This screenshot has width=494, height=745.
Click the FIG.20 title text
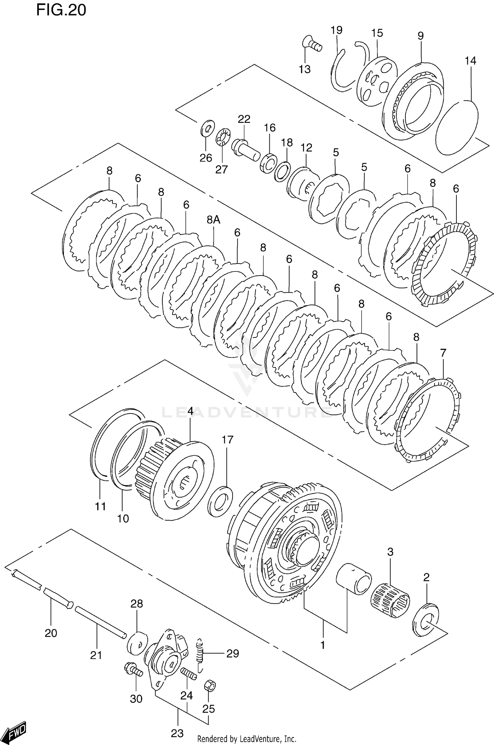[61, 10]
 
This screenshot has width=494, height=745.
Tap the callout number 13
[305, 69]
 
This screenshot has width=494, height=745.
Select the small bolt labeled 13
[312, 44]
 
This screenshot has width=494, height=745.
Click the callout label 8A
[213, 219]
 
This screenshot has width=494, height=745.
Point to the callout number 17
[227, 440]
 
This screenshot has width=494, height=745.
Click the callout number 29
[233, 653]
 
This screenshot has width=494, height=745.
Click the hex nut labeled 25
[210, 686]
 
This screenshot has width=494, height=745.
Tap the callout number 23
[177, 733]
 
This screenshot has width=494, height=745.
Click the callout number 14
[471, 61]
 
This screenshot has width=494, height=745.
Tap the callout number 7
[443, 353]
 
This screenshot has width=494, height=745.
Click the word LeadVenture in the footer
[262, 739]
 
